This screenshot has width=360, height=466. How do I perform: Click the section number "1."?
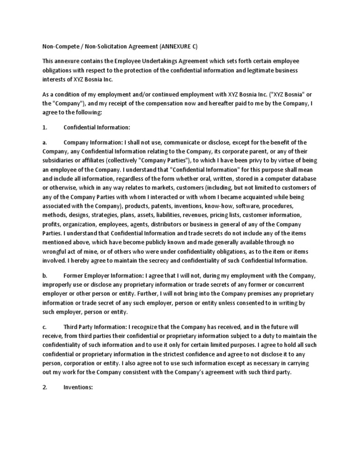tap(45, 128)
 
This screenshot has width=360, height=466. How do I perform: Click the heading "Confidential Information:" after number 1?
tap(97, 128)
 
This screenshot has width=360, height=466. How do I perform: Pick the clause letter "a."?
tap(45, 143)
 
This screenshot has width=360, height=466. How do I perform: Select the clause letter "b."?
tap(45, 276)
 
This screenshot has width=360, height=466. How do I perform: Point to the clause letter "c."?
tap(45, 327)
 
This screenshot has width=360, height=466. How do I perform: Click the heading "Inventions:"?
tap(79, 388)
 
